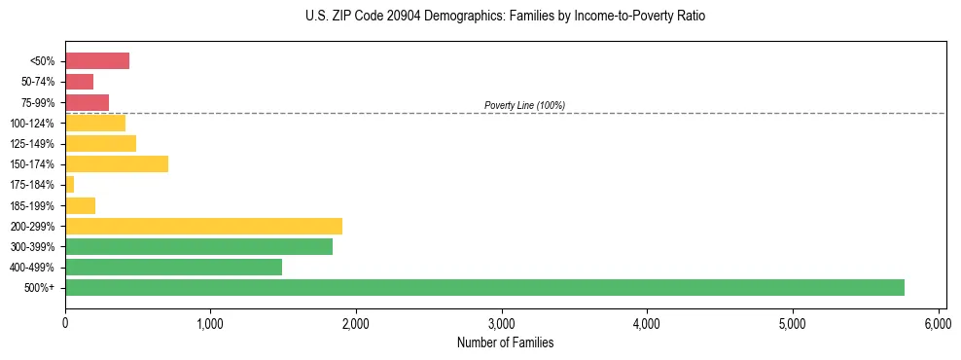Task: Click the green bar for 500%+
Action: click(x=484, y=287)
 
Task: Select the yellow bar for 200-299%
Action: click(x=203, y=226)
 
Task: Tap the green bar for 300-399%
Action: click(x=198, y=246)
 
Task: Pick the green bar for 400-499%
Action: click(x=173, y=267)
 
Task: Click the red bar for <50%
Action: click(x=97, y=61)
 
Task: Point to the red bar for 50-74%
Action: click(x=79, y=82)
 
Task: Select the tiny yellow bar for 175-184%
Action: click(x=69, y=185)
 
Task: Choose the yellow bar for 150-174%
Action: click(x=117, y=163)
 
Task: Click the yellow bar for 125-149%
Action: click(x=100, y=143)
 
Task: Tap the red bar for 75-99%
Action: click(x=87, y=102)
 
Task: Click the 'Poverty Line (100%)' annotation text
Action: click(x=524, y=105)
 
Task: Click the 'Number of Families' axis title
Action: click(x=505, y=343)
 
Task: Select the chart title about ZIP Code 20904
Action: click(x=505, y=17)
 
